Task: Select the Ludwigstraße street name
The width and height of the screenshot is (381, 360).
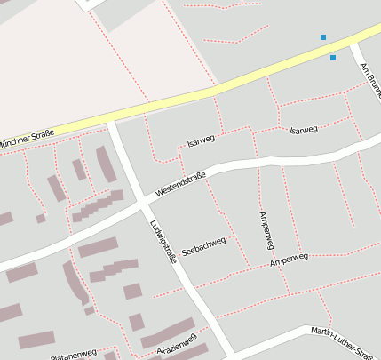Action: coord(163,241)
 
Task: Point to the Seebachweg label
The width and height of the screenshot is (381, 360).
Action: coord(203,246)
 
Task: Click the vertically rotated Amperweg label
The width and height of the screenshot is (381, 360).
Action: coord(264,229)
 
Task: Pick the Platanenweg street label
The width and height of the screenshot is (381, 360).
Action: coord(74,354)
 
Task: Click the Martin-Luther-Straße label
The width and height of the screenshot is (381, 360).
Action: coord(343,333)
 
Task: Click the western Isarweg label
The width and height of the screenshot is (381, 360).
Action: coord(202,140)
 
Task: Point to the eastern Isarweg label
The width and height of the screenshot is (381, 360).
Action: coord(304,131)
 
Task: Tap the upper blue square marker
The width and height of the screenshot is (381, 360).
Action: coord(323,37)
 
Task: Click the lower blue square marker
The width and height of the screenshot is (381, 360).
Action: coord(333,58)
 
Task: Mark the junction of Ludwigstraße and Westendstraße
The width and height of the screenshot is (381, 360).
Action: coord(140,203)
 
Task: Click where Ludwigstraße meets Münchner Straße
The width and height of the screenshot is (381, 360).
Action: coord(110,118)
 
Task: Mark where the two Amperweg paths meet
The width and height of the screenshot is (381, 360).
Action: coord(269,264)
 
